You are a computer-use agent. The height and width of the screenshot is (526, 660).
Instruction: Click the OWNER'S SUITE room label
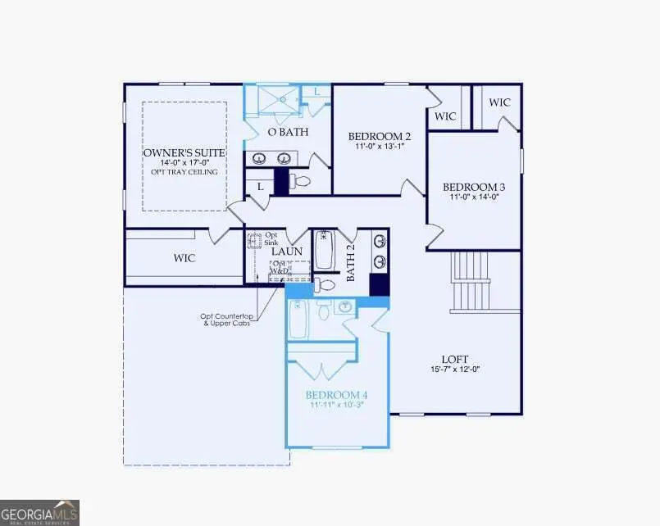[x=184, y=153]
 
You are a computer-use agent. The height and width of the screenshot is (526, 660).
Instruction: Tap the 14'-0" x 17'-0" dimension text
[x=184, y=163]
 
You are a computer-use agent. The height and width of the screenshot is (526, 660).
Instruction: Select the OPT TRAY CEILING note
[x=184, y=172]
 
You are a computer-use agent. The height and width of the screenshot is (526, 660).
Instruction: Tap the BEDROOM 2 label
[x=379, y=136]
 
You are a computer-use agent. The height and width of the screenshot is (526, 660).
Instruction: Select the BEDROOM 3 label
[x=474, y=186]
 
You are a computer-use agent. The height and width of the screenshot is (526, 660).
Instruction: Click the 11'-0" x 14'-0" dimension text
[x=474, y=197]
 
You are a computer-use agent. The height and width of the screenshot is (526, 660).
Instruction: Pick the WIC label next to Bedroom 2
[x=445, y=116]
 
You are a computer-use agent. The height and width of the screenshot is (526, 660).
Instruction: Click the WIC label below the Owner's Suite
[x=184, y=258]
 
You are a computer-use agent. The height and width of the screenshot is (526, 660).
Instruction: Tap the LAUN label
[x=288, y=252]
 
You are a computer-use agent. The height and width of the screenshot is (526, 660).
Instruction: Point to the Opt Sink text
[x=271, y=239]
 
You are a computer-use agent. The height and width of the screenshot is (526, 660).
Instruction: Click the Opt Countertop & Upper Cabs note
[x=225, y=320]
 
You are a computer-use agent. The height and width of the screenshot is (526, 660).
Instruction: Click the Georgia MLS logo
[x=39, y=512]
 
